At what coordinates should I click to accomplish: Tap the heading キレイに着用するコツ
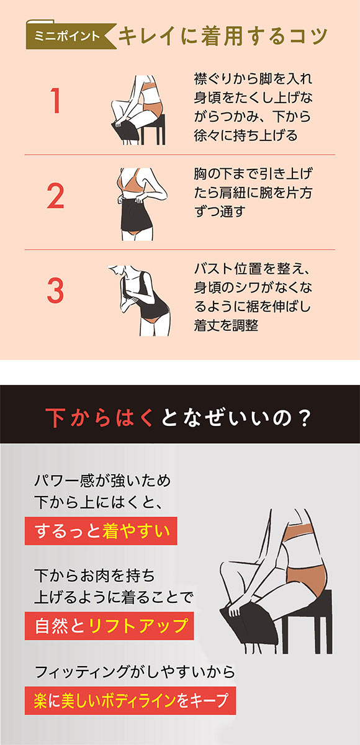point(222,36)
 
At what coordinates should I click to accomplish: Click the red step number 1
point(56,102)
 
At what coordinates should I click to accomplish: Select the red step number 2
point(56,196)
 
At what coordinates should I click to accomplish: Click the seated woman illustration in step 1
point(138,110)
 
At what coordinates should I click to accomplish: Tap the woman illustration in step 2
point(140,202)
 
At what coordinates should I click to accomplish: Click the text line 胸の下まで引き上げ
point(253,173)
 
